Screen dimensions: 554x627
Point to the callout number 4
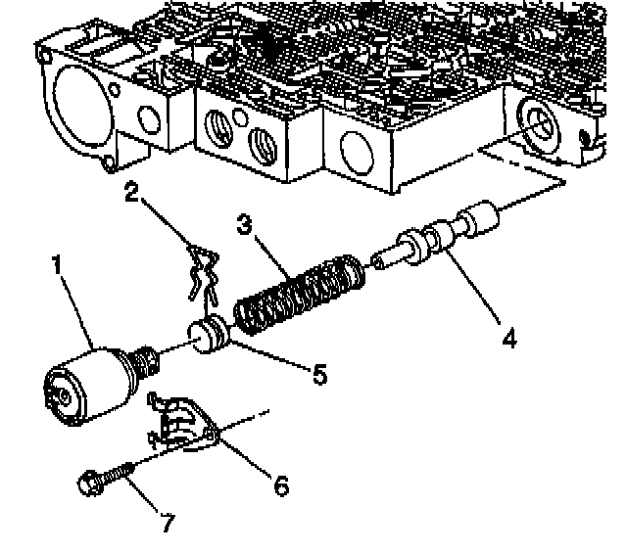click(506, 338)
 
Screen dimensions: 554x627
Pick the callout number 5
click(317, 375)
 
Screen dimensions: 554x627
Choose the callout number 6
click(281, 485)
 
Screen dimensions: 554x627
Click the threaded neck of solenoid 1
click(146, 365)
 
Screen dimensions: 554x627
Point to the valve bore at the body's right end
click(540, 123)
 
